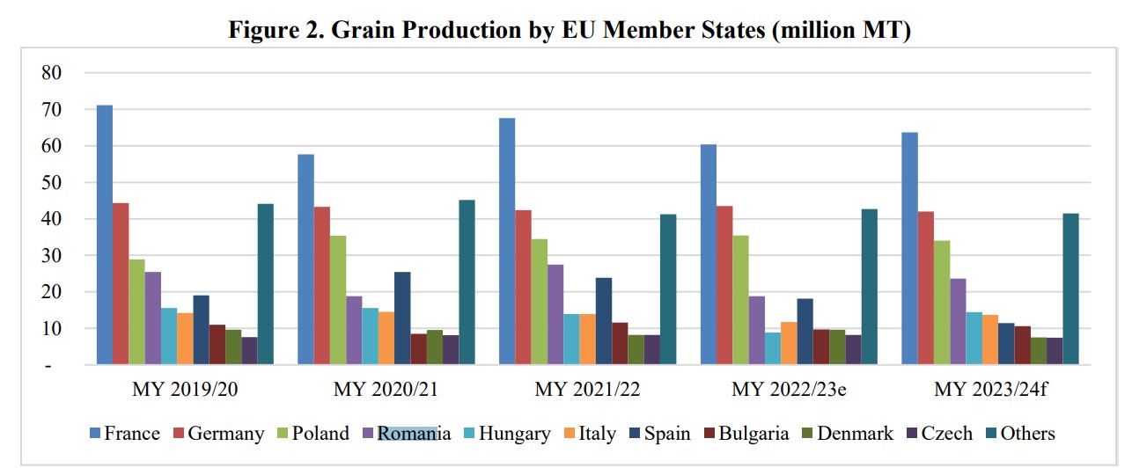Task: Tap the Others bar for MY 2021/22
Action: [x=668, y=289]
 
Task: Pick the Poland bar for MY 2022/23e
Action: [x=740, y=300]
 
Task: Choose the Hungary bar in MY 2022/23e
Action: [x=772, y=348]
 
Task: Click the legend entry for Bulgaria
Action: [x=746, y=434]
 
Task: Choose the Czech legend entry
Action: [x=941, y=434]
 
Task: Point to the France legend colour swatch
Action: [x=95, y=434]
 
